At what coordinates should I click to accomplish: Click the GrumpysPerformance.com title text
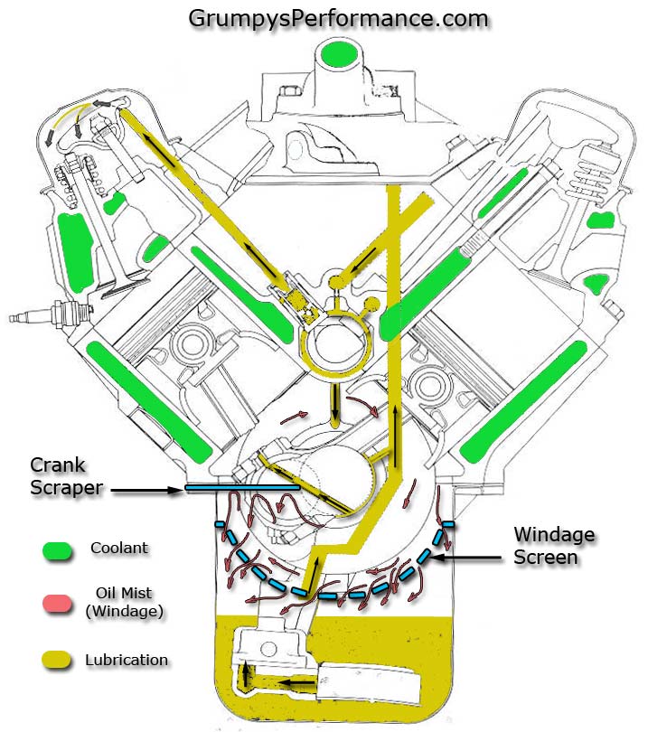[338, 17]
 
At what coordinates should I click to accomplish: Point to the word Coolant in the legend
[120, 548]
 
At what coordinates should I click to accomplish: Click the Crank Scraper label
[58, 476]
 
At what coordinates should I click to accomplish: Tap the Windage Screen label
[553, 545]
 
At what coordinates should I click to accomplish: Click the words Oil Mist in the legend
[125, 593]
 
